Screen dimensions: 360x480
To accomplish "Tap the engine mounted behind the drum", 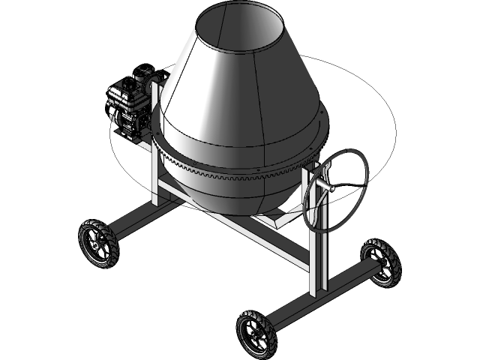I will point(132,102).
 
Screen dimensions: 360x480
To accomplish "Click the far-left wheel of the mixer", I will point(98,243).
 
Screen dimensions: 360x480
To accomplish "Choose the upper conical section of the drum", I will point(240,75).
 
